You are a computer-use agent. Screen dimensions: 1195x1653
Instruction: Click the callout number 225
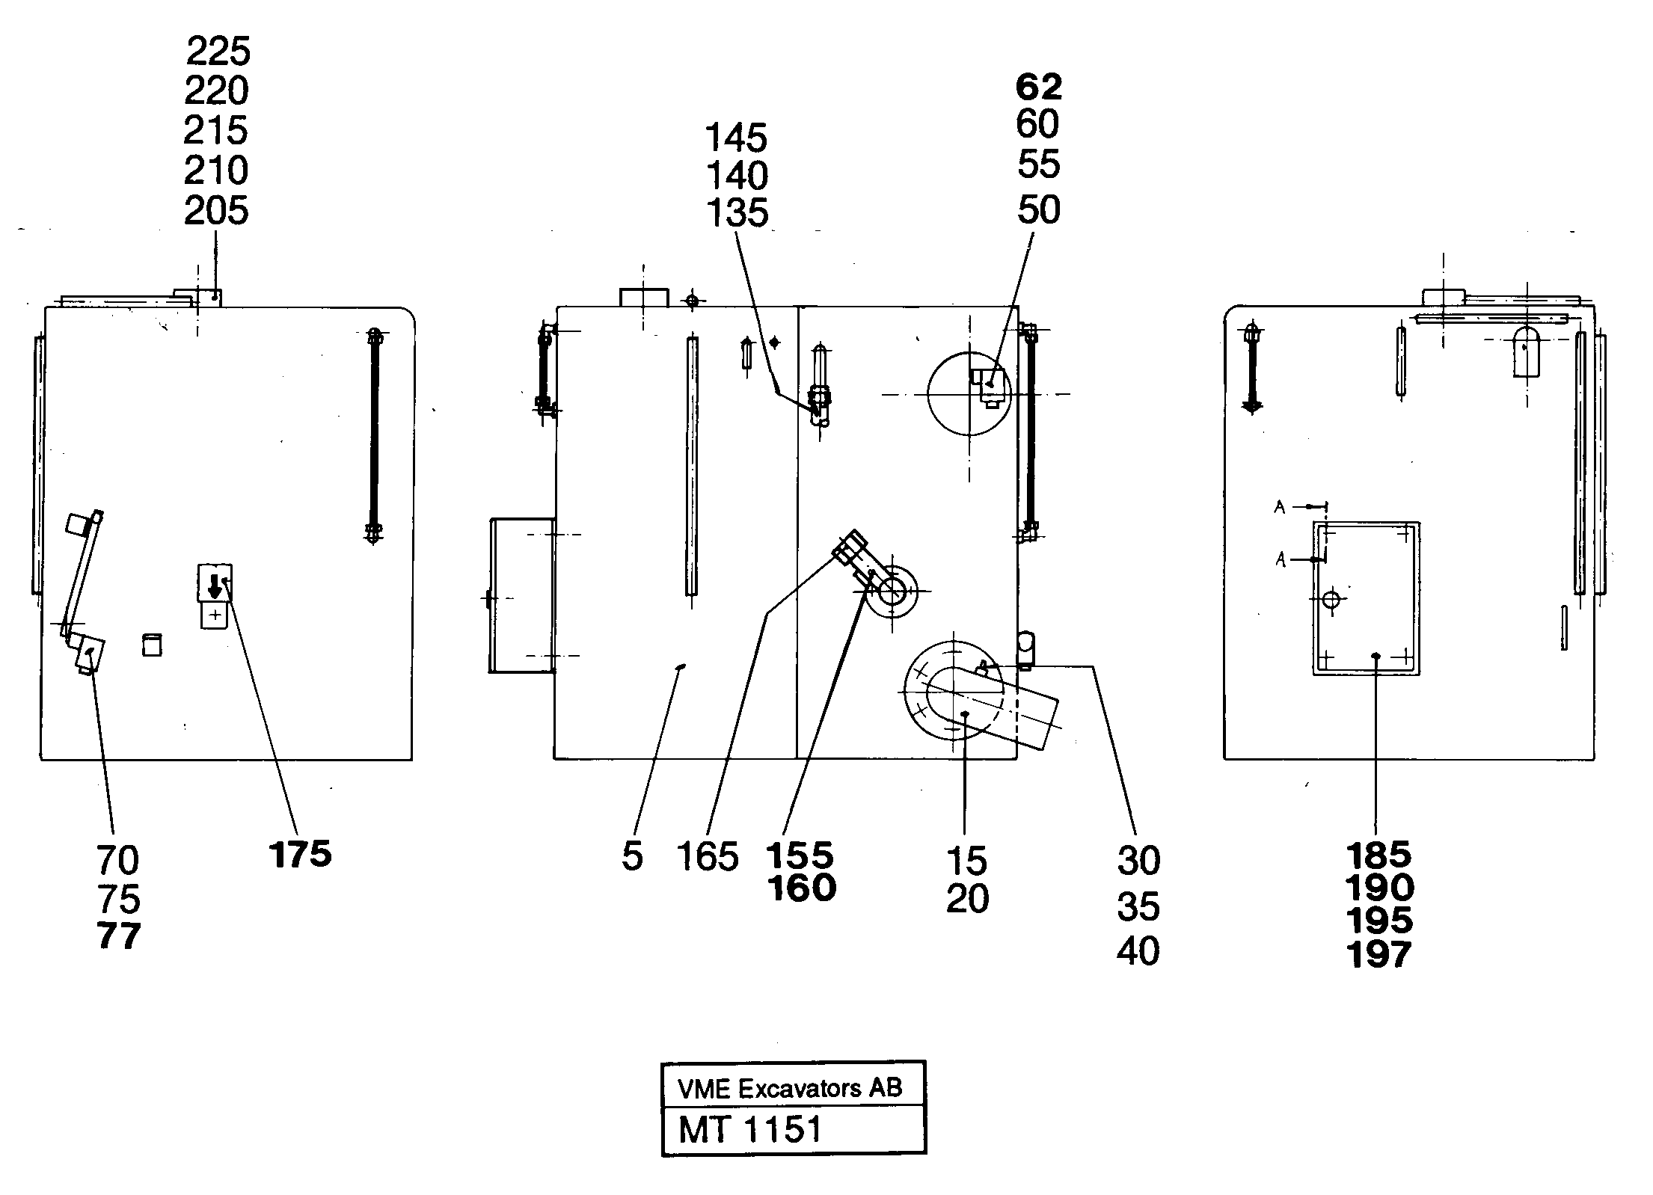[218, 52]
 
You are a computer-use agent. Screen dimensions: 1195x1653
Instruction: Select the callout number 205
[216, 211]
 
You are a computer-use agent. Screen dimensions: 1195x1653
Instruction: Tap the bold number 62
[1038, 87]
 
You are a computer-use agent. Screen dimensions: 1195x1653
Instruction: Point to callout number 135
[737, 213]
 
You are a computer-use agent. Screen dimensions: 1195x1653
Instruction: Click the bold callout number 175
[301, 855]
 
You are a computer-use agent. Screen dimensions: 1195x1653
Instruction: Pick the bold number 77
[119, 936]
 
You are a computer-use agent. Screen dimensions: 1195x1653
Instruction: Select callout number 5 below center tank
[632, 857]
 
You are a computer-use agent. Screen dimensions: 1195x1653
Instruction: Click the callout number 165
[707, 857]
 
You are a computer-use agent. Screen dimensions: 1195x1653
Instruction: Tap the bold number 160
[801, 888]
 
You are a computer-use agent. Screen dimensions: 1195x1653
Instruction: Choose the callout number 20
[967, 899]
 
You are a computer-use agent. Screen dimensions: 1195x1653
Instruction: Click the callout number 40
[1138, 951]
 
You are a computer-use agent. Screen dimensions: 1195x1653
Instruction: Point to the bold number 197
[1378, 955]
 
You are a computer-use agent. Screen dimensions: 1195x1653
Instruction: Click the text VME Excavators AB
[790, 1088]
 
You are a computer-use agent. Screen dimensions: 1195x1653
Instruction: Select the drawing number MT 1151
[750, 1129]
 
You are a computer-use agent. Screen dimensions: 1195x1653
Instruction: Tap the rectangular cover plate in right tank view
[1366, 598]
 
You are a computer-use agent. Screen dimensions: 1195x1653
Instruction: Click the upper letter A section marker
[1280, 508]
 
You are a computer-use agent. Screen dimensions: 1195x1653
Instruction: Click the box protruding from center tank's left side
[522, 595]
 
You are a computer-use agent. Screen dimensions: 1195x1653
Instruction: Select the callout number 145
[736, 138]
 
